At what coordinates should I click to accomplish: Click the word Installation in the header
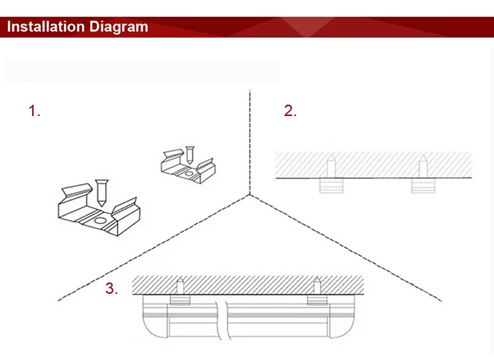[45, 27]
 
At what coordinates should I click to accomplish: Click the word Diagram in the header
[119, 27]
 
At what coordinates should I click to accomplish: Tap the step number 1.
[35, 111]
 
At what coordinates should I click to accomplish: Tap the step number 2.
[290, 111]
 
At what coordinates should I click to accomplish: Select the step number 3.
[112, 288]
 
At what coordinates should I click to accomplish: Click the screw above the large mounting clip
[101, 193]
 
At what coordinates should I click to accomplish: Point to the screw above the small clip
[190, 155]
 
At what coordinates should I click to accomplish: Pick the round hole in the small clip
[189, 174]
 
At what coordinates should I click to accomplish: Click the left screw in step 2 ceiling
[331, 166]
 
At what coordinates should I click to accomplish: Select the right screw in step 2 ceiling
[423, 166]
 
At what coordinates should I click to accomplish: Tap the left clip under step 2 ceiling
[331, 185]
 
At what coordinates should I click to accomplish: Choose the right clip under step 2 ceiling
[423, 185]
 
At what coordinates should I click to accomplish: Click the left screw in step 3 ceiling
[180, 286]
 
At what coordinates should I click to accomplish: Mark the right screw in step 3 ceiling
[317, 286]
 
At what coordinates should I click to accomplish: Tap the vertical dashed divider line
[250, 143]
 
